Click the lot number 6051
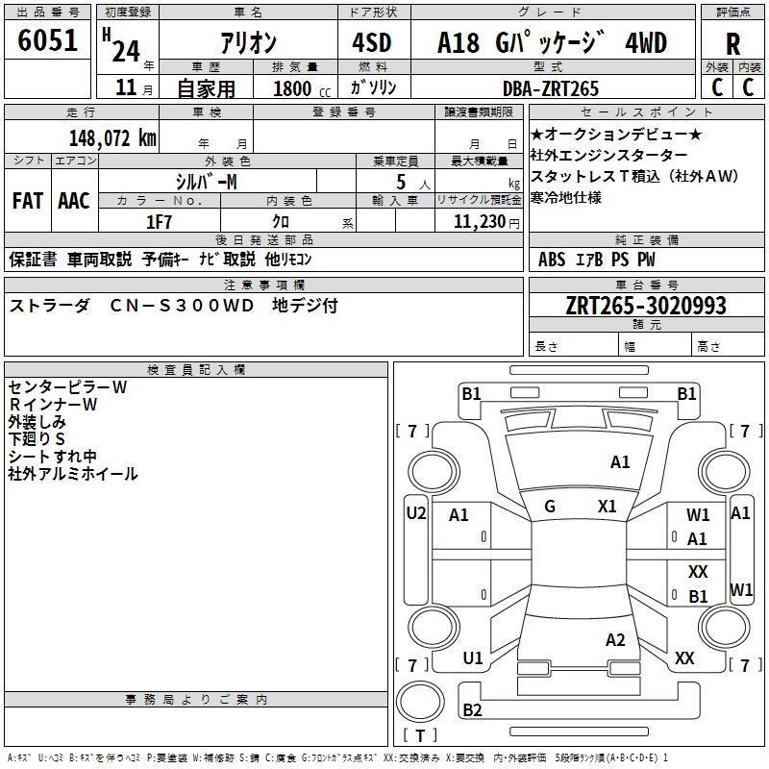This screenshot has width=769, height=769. click(47, 41)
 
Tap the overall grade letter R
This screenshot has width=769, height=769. click(732, 44)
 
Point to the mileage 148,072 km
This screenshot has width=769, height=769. click(112, 137)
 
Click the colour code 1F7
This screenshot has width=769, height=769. click(159, 222)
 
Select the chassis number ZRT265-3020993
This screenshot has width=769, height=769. click(646, 306)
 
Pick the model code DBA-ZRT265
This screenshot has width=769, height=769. click(551, 88)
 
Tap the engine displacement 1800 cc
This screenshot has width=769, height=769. click(298, 88)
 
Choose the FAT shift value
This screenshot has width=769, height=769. click(27, 201)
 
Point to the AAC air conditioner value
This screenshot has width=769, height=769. click(74, 201)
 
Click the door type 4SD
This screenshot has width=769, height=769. click(373, 43)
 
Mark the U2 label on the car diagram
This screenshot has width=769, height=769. click(416, 512)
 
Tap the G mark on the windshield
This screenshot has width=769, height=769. click(550, 507)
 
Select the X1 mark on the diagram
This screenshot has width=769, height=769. click(607, 507)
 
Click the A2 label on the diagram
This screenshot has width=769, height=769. click(616, 640)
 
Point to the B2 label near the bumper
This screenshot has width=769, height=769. click(472, 710)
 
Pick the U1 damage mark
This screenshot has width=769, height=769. click(472, 658)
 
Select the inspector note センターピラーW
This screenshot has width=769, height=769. click(67, 387)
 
